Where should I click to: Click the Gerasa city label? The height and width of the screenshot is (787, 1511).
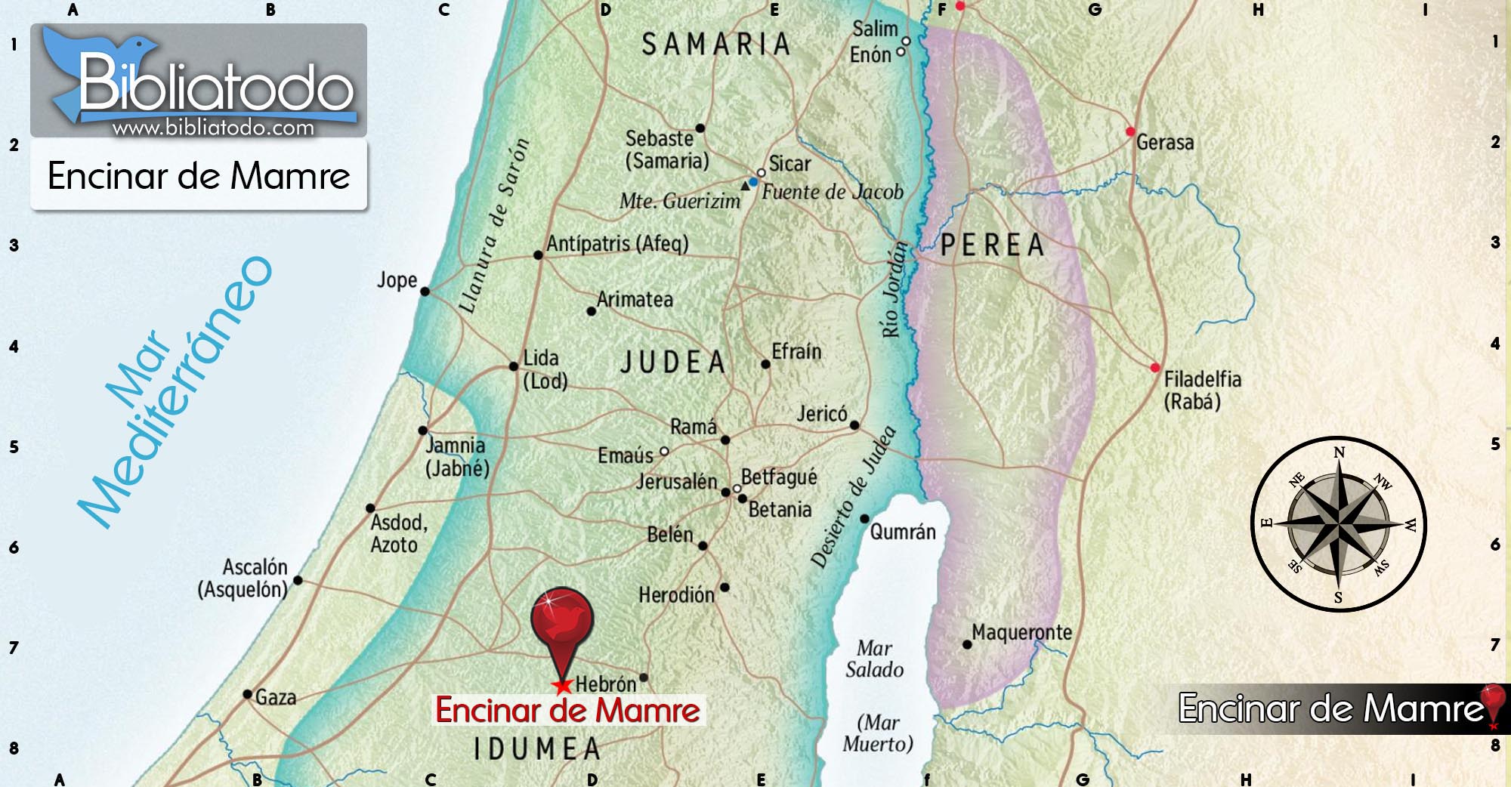1165,142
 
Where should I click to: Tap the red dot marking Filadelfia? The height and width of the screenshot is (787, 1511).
1154,368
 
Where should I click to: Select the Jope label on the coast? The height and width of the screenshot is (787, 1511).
397,280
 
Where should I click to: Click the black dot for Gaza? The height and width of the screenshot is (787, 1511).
248,694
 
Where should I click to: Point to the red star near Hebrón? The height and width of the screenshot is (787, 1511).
562,687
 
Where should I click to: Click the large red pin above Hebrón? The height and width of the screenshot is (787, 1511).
562,619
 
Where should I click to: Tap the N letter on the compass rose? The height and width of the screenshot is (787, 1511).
1340,452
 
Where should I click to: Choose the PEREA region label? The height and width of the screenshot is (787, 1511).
993,245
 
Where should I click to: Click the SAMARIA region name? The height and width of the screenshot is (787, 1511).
715,45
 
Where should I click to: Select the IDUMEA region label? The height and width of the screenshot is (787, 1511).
537,749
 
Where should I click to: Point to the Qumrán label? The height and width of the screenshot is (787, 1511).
903,532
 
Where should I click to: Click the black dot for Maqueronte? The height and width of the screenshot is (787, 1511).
967,644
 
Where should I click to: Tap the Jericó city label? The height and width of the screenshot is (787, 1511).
822,413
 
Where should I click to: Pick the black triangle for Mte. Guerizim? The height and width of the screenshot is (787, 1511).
745,185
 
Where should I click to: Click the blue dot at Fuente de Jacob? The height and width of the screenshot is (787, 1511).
753,182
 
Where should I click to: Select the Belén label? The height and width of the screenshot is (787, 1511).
669,535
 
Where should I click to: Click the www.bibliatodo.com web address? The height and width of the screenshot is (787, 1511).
213,128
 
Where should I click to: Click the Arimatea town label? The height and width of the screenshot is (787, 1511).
635,300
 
